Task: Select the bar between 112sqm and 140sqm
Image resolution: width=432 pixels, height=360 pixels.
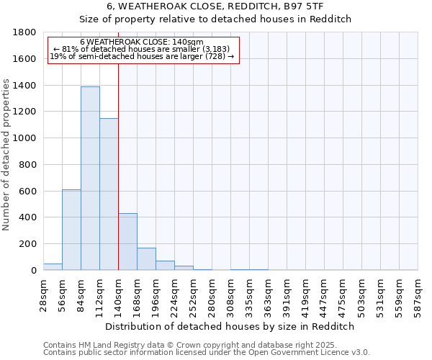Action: (x=109, y=194)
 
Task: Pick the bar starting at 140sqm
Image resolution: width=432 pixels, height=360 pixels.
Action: (x=127, y=242)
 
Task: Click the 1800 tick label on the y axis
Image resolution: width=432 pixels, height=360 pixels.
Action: (x=24, y=32)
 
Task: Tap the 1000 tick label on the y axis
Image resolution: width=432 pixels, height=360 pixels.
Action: (x=24, y=138)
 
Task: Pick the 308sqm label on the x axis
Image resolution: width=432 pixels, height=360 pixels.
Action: (x=230, y=295)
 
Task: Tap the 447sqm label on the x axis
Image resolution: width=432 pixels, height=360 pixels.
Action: (x=324, y=295)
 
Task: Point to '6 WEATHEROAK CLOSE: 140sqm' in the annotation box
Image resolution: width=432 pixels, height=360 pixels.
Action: (x=142, y=42)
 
